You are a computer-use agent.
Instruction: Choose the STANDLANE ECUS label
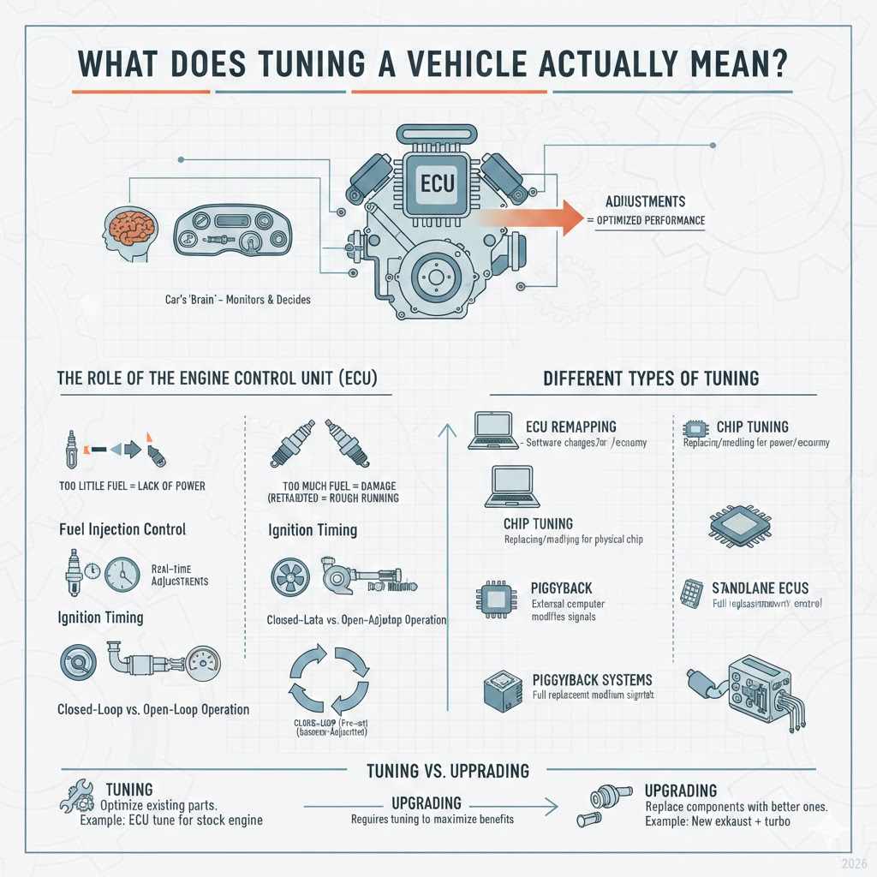(x=760, y=588)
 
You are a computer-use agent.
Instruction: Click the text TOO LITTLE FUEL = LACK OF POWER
(x=133, y=486)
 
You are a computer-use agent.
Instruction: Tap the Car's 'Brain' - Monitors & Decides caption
(x=239, y=300)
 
